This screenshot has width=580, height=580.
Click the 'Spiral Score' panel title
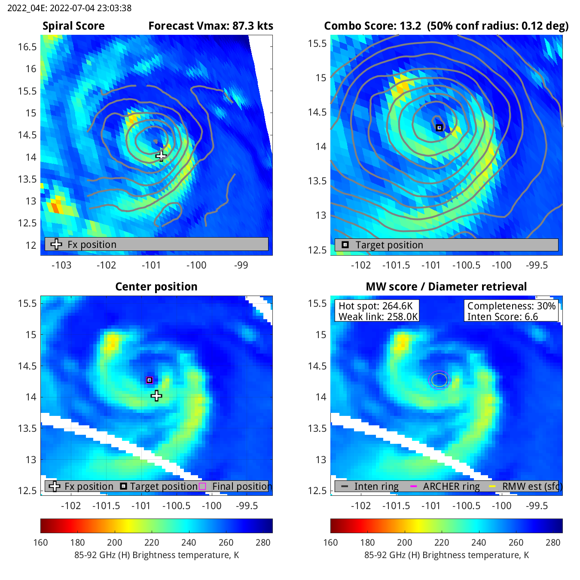click(73, 26)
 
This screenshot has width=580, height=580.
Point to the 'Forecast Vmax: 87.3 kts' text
click(211, 26)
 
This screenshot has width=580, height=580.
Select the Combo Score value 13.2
click(410, 26)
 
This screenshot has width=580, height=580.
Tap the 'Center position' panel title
click(156, 287)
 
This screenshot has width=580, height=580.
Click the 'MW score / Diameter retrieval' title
click(446, 287)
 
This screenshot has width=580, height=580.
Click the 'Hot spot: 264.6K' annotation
click(375, 306)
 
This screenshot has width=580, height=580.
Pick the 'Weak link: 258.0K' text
click(378, 317)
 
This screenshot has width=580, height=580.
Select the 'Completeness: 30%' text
click(511, 306)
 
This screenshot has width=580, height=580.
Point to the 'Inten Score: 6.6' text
click(503, 317)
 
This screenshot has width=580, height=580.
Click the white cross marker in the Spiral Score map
click(161, 156)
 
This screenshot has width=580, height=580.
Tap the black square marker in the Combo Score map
click(439, 128)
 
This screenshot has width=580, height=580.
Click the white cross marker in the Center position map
click(156, 396)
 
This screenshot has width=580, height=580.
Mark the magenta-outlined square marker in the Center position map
click(150, 380)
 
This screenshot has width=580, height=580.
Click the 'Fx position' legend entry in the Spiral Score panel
click(92, 244)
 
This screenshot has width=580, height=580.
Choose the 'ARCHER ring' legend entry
click(451, 486)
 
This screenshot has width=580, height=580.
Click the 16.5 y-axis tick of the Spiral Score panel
click(27, 47)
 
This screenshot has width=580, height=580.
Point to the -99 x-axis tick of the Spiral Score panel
click(241, 265)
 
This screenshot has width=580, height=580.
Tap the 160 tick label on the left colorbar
click(41, 542)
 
